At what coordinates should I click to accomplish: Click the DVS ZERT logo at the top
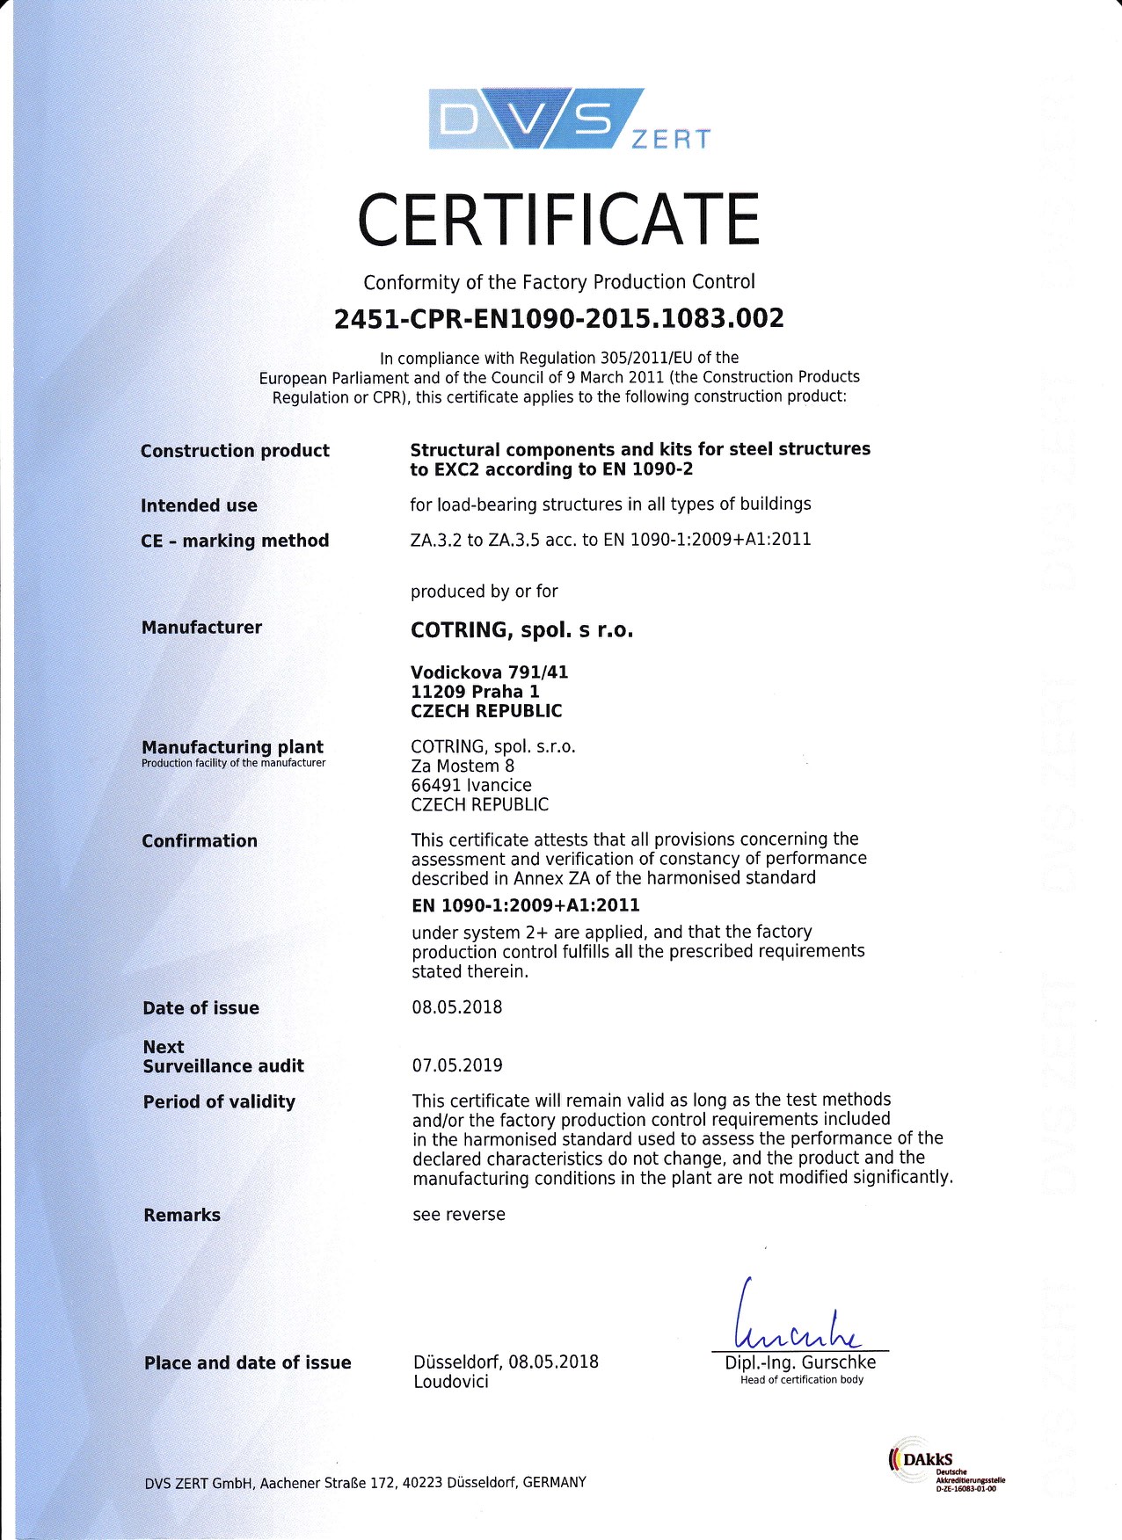[x=569, y=120]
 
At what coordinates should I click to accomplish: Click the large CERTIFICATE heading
[x=558, y=220]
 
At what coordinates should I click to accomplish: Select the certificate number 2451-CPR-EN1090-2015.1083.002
[x=558, y=318]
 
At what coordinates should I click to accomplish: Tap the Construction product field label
[x=235, y=451]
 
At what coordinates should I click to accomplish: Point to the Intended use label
[x=199, y=505]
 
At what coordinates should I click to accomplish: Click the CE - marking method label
[x=235, y=541]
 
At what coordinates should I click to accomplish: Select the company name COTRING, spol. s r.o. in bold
[x=521, y=630]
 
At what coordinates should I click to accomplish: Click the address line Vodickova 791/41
[x=489, y=672]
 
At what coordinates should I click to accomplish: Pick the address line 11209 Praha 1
[x=475, y=692]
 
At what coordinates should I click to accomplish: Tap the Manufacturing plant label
[x=232, y=747]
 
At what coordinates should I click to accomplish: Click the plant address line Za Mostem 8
[x=463, y=766]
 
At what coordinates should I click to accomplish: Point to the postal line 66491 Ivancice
[x=471, y=785]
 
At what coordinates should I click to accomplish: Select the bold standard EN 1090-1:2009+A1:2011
[x=525, y=905]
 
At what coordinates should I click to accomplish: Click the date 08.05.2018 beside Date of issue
[x=457, y=1007]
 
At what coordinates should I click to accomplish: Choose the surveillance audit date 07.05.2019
[x=457, y=1065]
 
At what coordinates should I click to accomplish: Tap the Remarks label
[x=182, y=1215]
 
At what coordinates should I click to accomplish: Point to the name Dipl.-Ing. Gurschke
[x=800, y=1362]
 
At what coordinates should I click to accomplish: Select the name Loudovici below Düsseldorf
[x=451, y=1382]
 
